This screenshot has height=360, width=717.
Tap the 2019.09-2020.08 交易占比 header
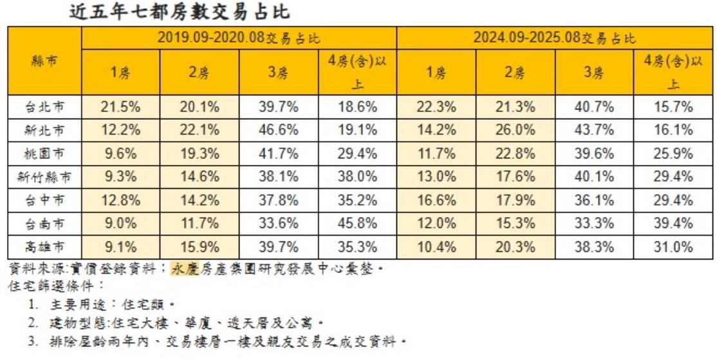point(239,38)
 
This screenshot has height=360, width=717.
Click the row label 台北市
point(44,108)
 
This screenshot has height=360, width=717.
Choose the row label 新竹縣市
point(44,177)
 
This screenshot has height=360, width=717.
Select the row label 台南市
point(44,223)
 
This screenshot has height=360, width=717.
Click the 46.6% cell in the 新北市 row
point(279,131)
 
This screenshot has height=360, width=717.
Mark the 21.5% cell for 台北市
point(120,108)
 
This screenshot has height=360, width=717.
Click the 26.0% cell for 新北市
point(515,131)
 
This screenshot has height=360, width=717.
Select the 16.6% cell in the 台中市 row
point(436,200)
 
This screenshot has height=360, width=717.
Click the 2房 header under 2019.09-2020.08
point(200,72)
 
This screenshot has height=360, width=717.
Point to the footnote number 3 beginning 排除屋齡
point(33,341)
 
